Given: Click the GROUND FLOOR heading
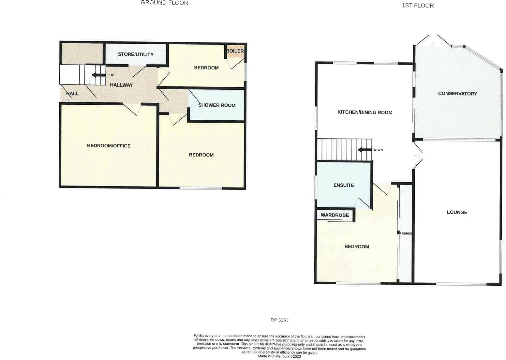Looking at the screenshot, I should pos(164,3).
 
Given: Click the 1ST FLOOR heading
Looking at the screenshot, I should pos(418,6).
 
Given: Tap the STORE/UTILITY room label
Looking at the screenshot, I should pos(136,54).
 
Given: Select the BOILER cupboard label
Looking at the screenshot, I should pos(235,51).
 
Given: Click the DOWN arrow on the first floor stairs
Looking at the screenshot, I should pos(365,150).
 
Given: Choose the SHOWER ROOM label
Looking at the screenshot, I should pos(217,105).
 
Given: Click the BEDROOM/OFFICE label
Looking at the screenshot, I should pos(109,146).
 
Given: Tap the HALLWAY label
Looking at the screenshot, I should pos(121,85).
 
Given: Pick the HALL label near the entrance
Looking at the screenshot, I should pos(72,94).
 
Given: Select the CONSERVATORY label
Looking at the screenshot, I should pos(457,94).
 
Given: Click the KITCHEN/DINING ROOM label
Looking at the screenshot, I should pos(365,112).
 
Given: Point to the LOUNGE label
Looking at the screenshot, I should pos(457,212).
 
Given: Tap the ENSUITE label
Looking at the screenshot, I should pos(344,185).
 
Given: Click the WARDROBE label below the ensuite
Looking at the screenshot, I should pos(335,215).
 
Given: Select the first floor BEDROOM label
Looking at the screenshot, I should pos(357,247).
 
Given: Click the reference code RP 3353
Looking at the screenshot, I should pos(279,320).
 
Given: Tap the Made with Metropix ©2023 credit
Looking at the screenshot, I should pos(279,356).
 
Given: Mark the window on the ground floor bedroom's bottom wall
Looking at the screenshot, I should pos(201,188).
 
